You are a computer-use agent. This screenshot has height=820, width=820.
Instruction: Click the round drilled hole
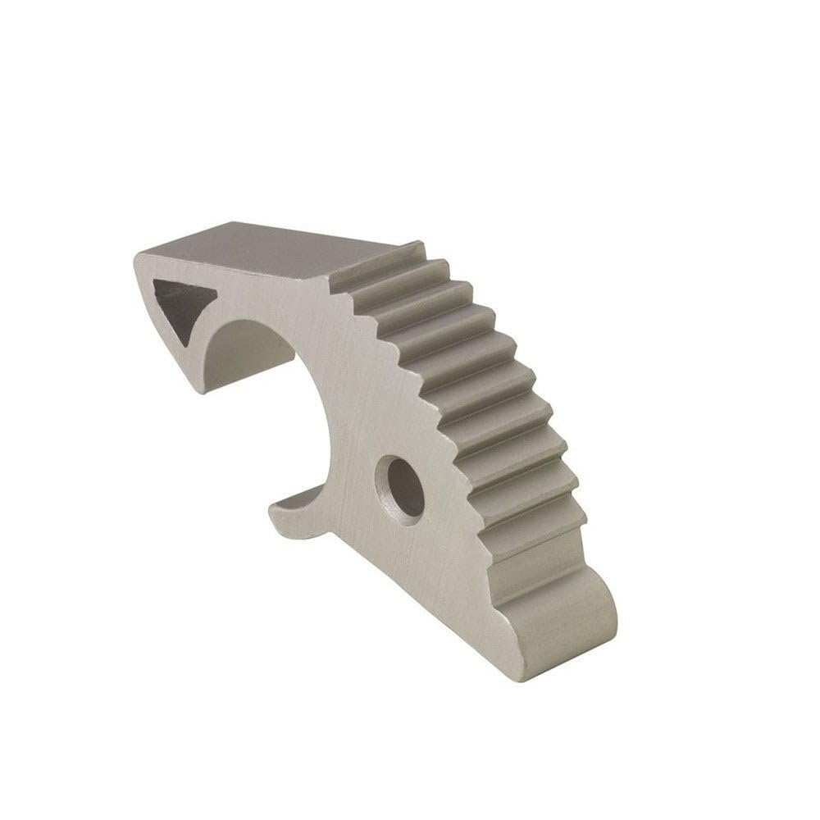tap(400, 488)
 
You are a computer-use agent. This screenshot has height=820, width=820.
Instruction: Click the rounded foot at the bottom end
tap(566, 623)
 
